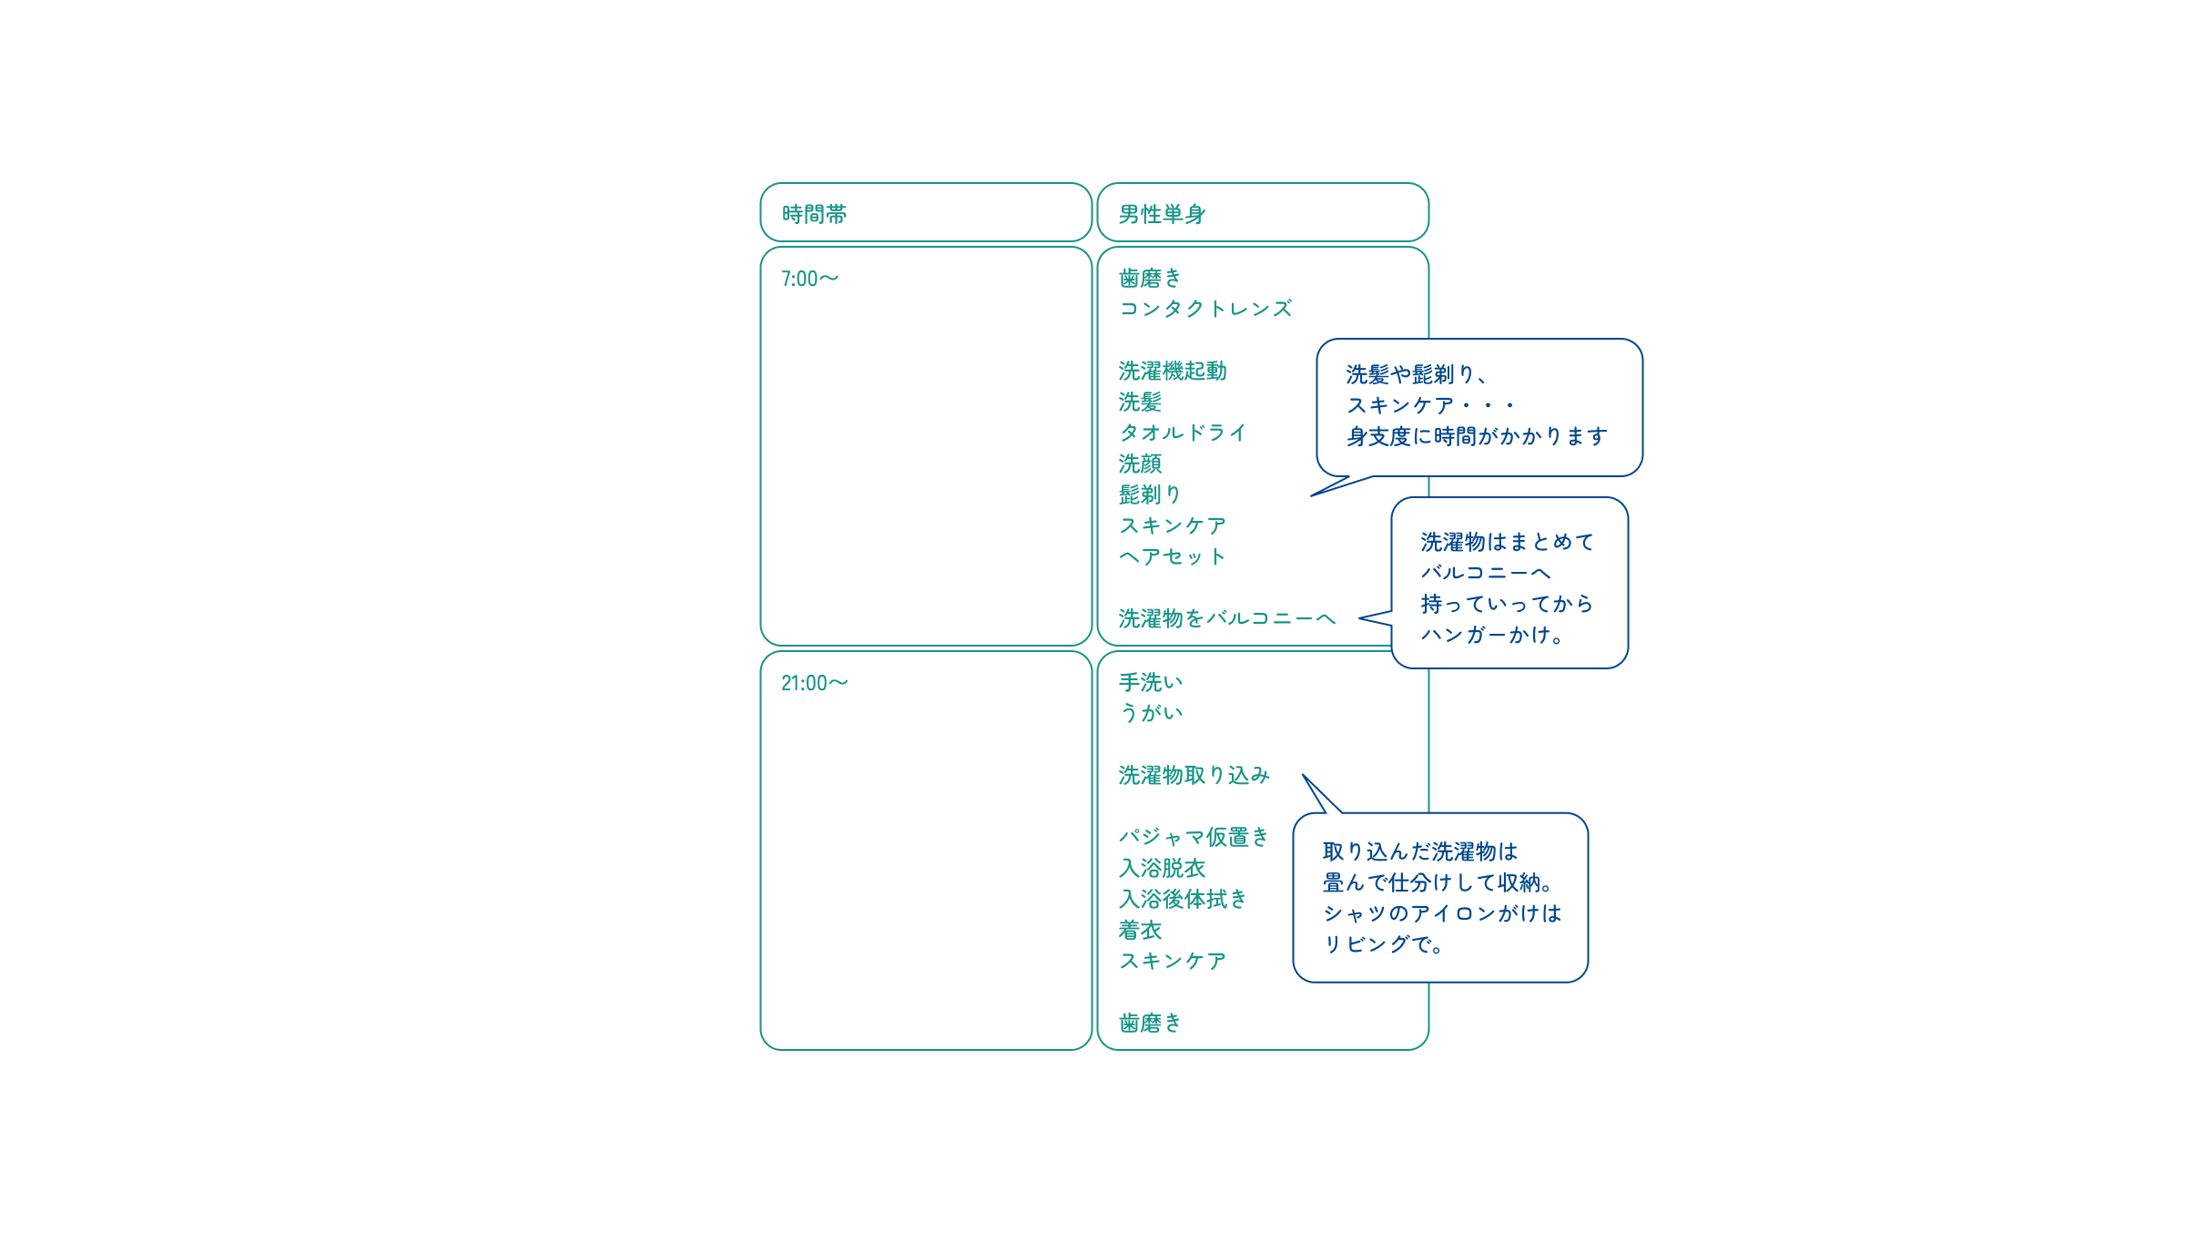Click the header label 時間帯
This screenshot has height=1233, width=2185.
click(x=814, y=214)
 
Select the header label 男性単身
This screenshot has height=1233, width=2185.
click(x=1162, y=214)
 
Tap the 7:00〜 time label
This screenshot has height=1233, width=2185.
click(x=809, y=279)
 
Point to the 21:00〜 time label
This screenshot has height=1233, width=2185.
click(x=814, y=683)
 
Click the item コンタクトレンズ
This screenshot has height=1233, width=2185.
click(x=1205, y=309)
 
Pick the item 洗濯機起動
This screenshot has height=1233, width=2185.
click(x=1173, y=371)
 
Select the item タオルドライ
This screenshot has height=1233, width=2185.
click(x=1183, y=433)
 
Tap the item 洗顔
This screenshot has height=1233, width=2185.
click(x=1140, y=464)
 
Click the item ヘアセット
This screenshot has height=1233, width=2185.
click(x=1173, y=556)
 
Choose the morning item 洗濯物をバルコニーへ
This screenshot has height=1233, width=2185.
click(x=1227, y=618)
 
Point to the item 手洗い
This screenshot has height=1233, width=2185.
click(x=1151, y=682)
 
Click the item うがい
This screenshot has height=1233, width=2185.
click(x=1151, y=713)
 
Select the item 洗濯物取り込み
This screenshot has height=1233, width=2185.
click(x=1194, y=775)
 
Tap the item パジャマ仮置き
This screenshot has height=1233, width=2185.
click(x=1194, y=837)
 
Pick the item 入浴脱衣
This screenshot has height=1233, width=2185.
click(x=1162, y=868)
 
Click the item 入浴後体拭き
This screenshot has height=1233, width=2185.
click(x=1183, y=899)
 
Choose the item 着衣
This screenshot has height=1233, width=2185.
click(x=1140, y=930)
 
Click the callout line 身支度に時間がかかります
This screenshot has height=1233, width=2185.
click(x=1477, y=436)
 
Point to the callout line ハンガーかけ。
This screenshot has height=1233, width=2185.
click(x=1492, y=635)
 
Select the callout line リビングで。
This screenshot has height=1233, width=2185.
click(x=1383, y=944)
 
